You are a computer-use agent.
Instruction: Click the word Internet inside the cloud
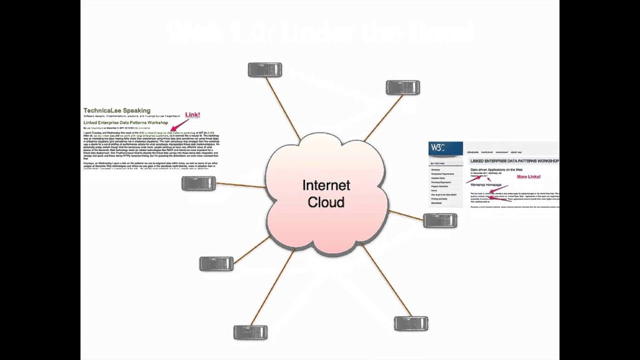coord(326,185)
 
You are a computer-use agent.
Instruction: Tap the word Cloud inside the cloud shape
coord(326,202)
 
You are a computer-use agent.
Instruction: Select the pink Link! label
coord(192,115)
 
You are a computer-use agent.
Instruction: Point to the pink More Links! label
coord(528,177)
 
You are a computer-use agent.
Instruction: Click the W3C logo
coord(438,148)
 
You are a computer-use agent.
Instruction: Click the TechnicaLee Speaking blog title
coord(116,110)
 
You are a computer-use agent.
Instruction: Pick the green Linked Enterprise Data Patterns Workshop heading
coord(125,122)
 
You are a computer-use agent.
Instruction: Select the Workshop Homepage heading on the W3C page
coord(486,185)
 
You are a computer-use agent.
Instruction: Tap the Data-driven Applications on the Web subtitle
coord(496,170)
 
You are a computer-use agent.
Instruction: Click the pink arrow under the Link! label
coord(179,125)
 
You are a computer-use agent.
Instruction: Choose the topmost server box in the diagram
coord(265,70)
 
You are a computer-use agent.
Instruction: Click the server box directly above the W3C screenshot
coord(402,88)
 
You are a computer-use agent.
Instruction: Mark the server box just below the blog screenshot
coord(198,183)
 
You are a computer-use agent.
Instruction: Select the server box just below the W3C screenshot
coord(440,220)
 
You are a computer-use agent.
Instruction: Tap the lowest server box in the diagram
coord(250,332)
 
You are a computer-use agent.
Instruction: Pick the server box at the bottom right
coord(411,323)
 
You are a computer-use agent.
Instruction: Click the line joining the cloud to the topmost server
coord(282,107)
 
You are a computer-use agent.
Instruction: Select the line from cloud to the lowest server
coord(272,287)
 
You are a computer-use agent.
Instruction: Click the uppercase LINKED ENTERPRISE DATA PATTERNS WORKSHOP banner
coord(514,161)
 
